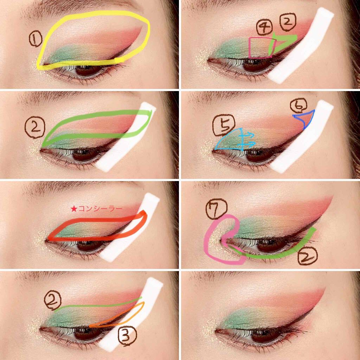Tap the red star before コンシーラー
[73, 209]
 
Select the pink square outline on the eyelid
[259, 47]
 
